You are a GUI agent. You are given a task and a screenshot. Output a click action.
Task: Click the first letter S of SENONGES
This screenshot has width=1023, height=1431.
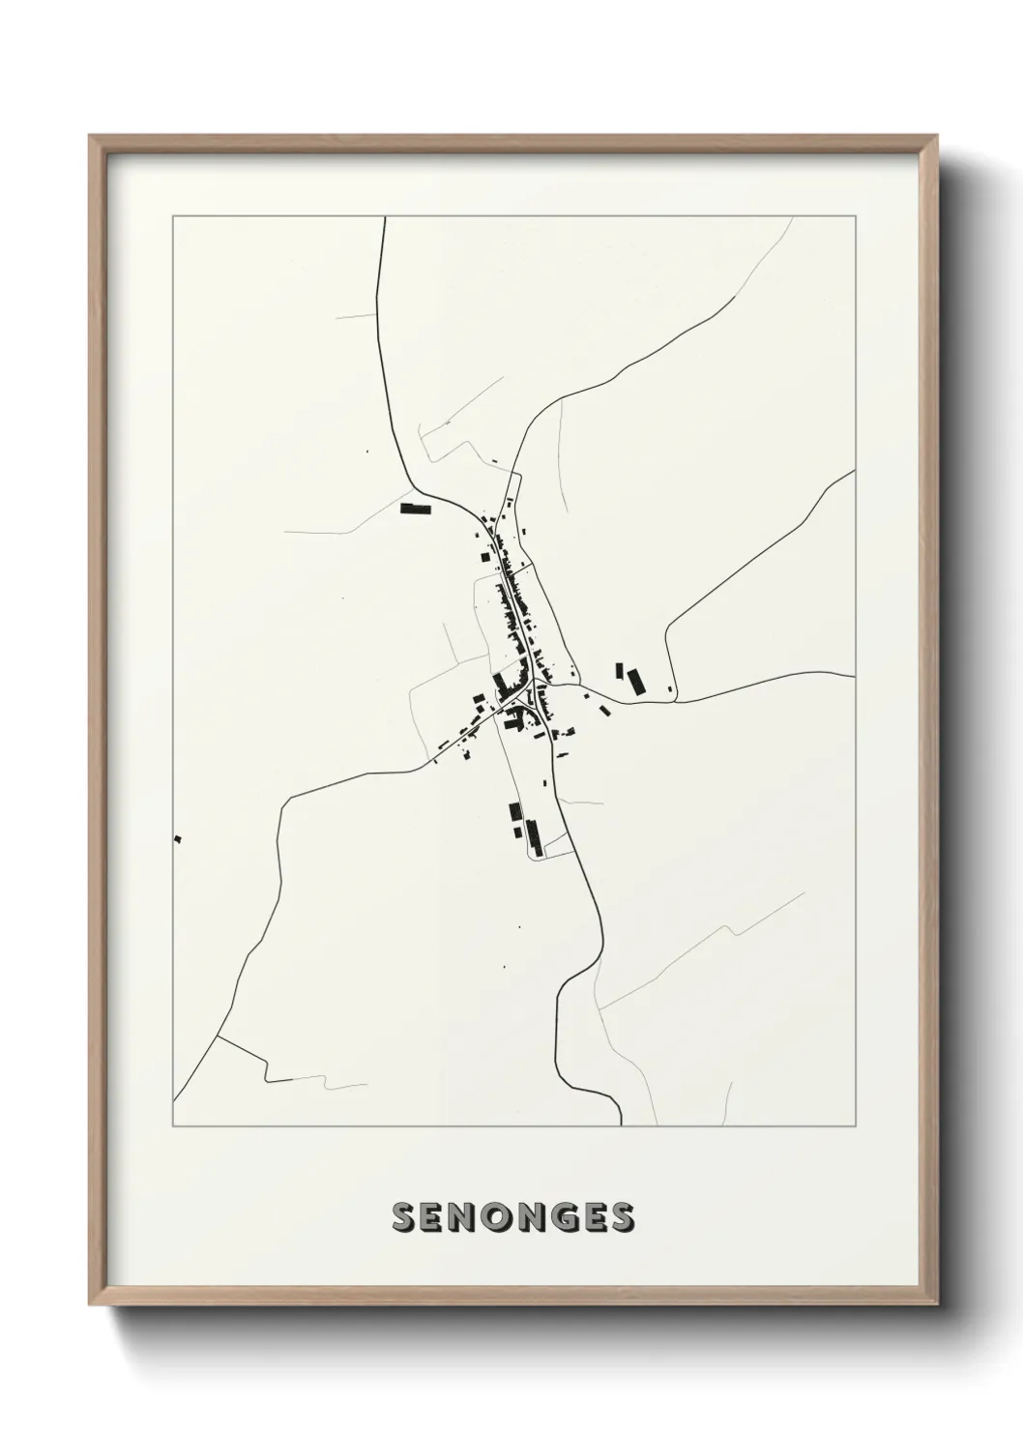tap(403, 1217)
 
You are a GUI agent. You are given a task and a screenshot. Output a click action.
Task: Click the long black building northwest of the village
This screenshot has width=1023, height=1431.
tap(414, 508)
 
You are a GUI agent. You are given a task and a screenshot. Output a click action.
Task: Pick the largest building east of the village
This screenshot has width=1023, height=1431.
tap(635, 681)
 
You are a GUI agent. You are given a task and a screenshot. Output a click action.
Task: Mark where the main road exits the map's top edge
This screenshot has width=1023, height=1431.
tap(385, 218)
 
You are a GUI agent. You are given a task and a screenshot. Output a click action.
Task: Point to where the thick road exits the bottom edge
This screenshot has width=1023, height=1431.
tap(620, 1125)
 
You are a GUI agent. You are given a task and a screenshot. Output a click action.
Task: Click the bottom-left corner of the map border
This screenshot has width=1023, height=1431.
tap(173, 1126)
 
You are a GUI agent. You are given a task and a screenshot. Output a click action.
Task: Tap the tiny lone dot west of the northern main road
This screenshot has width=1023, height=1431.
tap(366, 449)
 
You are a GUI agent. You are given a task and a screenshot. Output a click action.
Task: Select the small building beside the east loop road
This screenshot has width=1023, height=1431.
tap(670, 686)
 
